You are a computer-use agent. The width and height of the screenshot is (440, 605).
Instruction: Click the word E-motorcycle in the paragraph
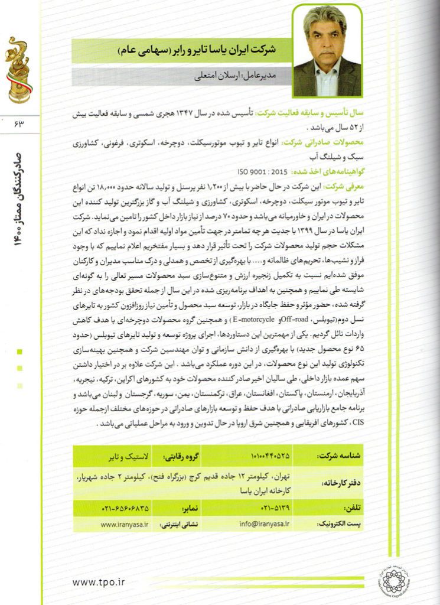click(254, 320)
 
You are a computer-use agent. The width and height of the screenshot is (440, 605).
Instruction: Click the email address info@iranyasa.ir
click(265, 523)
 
